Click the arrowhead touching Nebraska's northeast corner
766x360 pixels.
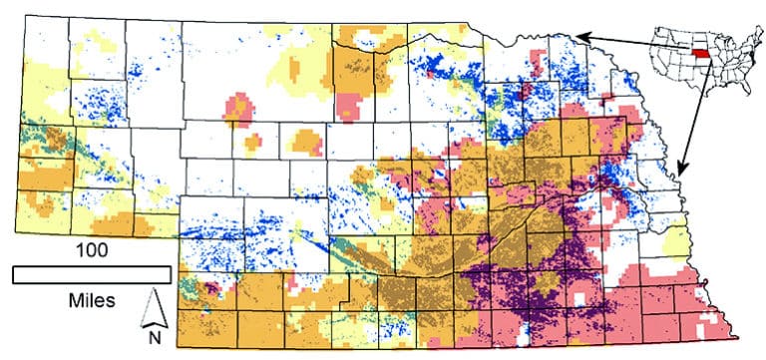click(578, 36)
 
